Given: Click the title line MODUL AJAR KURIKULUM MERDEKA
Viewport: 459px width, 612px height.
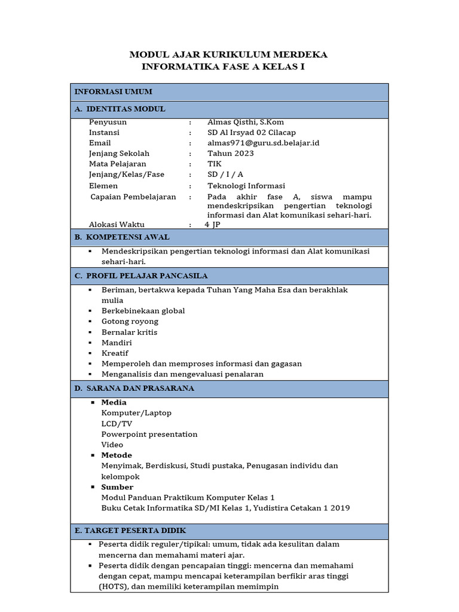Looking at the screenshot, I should click(228, 55).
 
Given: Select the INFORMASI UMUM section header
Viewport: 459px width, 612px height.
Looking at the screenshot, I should click(113, 91).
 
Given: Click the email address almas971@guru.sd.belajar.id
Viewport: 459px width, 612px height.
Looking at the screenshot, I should click(263, 143).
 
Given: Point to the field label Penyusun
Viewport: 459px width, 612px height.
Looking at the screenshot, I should click(108, 122).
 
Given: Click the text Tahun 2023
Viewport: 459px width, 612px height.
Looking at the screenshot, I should click(230, 153).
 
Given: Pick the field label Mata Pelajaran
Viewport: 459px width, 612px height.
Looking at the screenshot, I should click(117, 164).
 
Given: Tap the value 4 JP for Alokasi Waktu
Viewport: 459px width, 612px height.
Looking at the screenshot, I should click(212, 225).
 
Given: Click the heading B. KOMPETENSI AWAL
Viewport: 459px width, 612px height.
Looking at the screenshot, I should click(122, 237).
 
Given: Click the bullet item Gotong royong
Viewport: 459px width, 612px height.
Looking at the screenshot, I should click(130, 322).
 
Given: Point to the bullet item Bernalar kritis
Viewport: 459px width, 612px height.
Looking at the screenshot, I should click(129, 332).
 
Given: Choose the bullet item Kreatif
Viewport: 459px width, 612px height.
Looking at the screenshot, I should click(115, 353).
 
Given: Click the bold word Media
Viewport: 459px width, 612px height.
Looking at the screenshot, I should click(114, 402).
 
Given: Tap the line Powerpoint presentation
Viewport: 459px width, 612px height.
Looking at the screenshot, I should click(149, 434).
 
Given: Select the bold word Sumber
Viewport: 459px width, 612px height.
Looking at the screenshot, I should click(117, 487).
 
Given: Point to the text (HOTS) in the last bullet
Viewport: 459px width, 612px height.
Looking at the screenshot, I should click(111, 587).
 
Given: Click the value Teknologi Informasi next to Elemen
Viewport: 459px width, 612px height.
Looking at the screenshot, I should click(246, 186).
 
